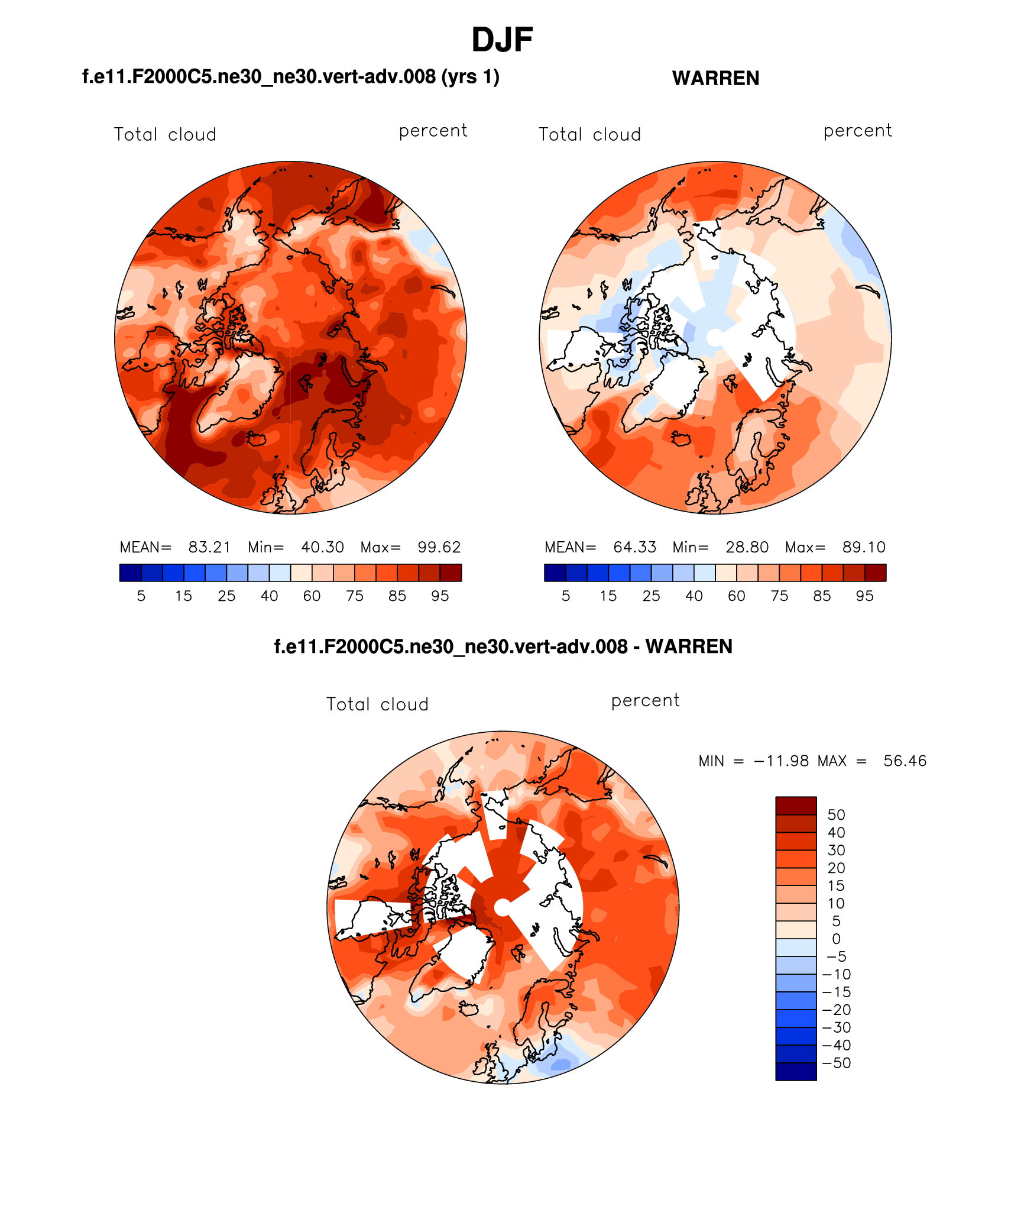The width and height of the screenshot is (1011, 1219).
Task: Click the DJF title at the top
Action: pyautogui.click(x=502, y=40)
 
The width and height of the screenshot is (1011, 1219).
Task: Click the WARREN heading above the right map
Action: pyautogui.click(x=715, y=78)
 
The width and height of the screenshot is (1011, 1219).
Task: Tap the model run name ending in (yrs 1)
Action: pyautogui.click(x=290, y=77)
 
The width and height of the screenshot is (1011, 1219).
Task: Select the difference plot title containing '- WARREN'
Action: pyautogui.click(x=503, y=646)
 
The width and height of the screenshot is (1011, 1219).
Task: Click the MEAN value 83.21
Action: pyautogui.click(x=209, y=547)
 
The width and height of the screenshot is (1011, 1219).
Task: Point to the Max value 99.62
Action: pyautogui.click(x=439, y=547)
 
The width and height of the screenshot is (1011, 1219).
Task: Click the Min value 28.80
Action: pyautogui.click(x=747, y=547)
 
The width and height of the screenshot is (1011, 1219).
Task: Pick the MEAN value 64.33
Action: pyautogui.click(x=634, y=547)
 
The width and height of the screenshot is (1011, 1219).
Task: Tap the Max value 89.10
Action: pyautogui.click(x=864, y=547)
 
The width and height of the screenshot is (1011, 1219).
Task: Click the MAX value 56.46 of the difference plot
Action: pyautogui.click(x=905, y=761)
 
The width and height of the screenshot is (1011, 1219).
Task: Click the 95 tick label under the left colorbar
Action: pyautogui.click(x=440, y=596)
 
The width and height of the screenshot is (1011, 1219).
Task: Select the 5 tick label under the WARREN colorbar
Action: pyautogui.click(x=566, y=596)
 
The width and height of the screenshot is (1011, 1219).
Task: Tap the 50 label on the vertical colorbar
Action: pyautogui.click(x=836, y=814)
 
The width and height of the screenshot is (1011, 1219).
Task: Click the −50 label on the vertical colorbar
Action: pyautogui.click(x=836, y=1063)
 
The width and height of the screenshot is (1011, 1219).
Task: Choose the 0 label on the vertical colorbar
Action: pyautogui.click(x=836, y=939)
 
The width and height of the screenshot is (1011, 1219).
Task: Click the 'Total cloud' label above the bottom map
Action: pyautogui.click(x=377, y=704)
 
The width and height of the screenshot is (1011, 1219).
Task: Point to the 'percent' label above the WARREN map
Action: pyautogui.click(x=857, y=131)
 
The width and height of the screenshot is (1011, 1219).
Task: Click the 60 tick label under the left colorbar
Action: pyautogui.click(x=312, y=596)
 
